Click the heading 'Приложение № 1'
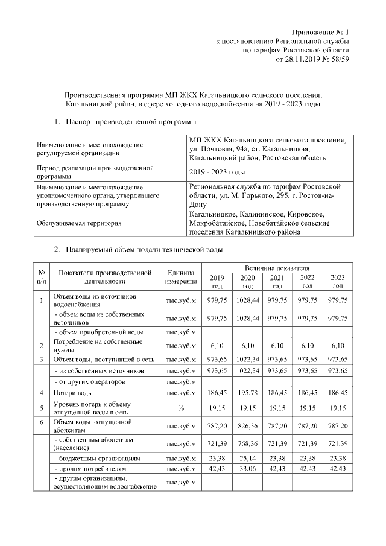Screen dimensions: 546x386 321,31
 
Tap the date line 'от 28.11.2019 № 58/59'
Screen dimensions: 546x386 312,60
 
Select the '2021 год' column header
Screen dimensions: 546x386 277,281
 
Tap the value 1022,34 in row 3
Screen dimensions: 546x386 248,360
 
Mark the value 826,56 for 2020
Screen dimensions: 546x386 248,425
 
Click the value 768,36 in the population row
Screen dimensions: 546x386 248,444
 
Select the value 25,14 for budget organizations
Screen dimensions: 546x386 248,458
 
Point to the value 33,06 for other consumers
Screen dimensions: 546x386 248,469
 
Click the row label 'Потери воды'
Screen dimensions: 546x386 72,393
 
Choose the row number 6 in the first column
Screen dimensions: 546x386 42,422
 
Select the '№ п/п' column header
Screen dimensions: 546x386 42,276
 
